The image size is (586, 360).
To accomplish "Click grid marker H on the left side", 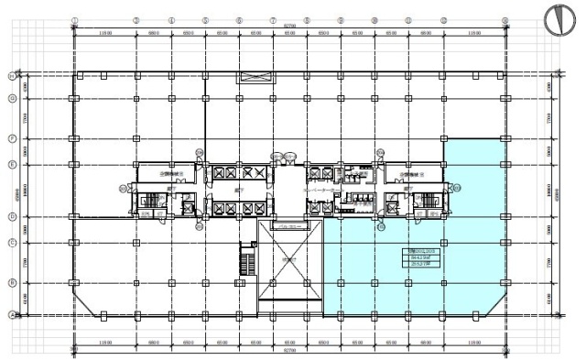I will (12, 75).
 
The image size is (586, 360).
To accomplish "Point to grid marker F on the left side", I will (12, 138).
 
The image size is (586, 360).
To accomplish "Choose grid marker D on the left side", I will (12, 217).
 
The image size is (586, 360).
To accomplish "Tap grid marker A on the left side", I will (12, 314).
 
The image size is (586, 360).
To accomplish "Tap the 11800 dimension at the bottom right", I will (473, 344).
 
